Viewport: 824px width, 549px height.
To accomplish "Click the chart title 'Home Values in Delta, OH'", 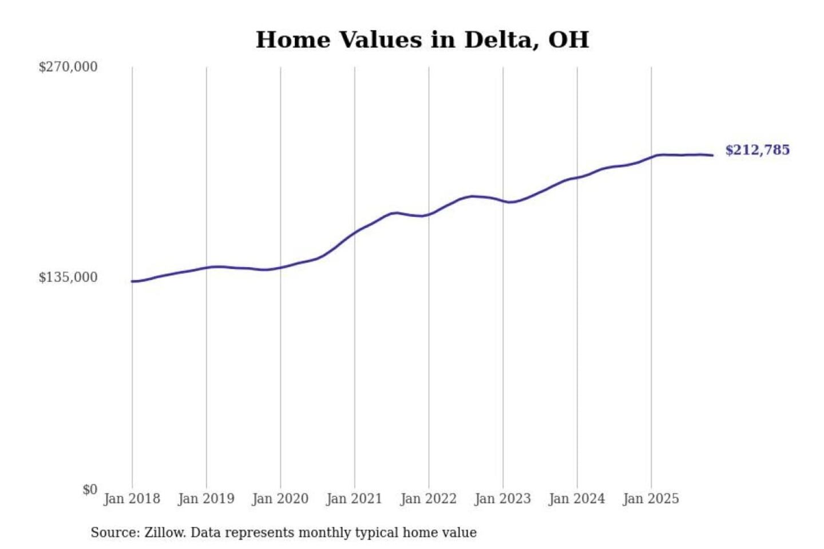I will pyautogui.click(x=422, y=40).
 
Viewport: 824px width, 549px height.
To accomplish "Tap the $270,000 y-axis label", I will pyautogui.click(x=68, y=67).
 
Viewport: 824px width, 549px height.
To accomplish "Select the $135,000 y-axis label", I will pyautogui.click(x=68, y=277).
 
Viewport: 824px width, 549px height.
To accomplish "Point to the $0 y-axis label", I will pyautogui.click(x=89, y=490).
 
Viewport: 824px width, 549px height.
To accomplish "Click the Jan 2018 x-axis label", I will pyautogui.click(x=132, y=499).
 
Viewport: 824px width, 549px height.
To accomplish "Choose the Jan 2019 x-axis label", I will pyautogui.click(x=206, y=499).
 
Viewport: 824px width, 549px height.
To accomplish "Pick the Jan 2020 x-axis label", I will pyautogui.click(x=280, y=499).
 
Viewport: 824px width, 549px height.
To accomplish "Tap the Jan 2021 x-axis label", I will pyautogui.click(x=354, y=499).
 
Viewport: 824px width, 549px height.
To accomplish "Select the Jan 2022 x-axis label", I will pyautogui.click(x=428, y=499).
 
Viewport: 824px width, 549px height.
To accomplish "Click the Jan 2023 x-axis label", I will pyautogui.click(x=502, y=499).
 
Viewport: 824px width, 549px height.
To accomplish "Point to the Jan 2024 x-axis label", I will pyautogui.click(x=576, y=499).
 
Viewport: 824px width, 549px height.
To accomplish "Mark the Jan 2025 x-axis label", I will pyautogui.click(x=651, y=499).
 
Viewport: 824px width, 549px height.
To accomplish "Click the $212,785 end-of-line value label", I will pyautogui.click(x=757, y=150).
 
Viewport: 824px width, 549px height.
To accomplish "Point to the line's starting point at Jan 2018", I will pyautogui.click(x=132, y=281).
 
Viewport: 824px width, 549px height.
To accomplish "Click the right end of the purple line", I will pyautogui.click(x=712, y=155).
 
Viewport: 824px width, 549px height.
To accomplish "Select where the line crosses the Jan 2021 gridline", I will pyautogui.click(x=355, y=232).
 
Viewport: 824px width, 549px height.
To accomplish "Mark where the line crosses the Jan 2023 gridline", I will pyautogui.click(x=503, y=201).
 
